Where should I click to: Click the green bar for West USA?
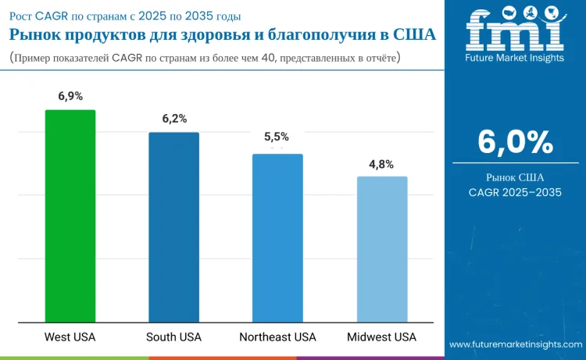click(70, 216)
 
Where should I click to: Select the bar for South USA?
click(174, 226)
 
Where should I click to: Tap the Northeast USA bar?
click(277, 237)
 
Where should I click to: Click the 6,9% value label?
click(70, 96)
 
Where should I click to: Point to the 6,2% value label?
click(174, 119)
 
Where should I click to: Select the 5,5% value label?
click(277, 136)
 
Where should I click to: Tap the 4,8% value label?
click(381, 164)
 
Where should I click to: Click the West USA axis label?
click(70, 337)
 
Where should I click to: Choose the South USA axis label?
click(174, 337)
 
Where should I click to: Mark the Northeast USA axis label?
click(277, 337)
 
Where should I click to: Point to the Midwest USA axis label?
click(382, 337)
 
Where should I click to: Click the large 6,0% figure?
click(515, 142)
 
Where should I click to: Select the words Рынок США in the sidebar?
click(515, 177)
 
